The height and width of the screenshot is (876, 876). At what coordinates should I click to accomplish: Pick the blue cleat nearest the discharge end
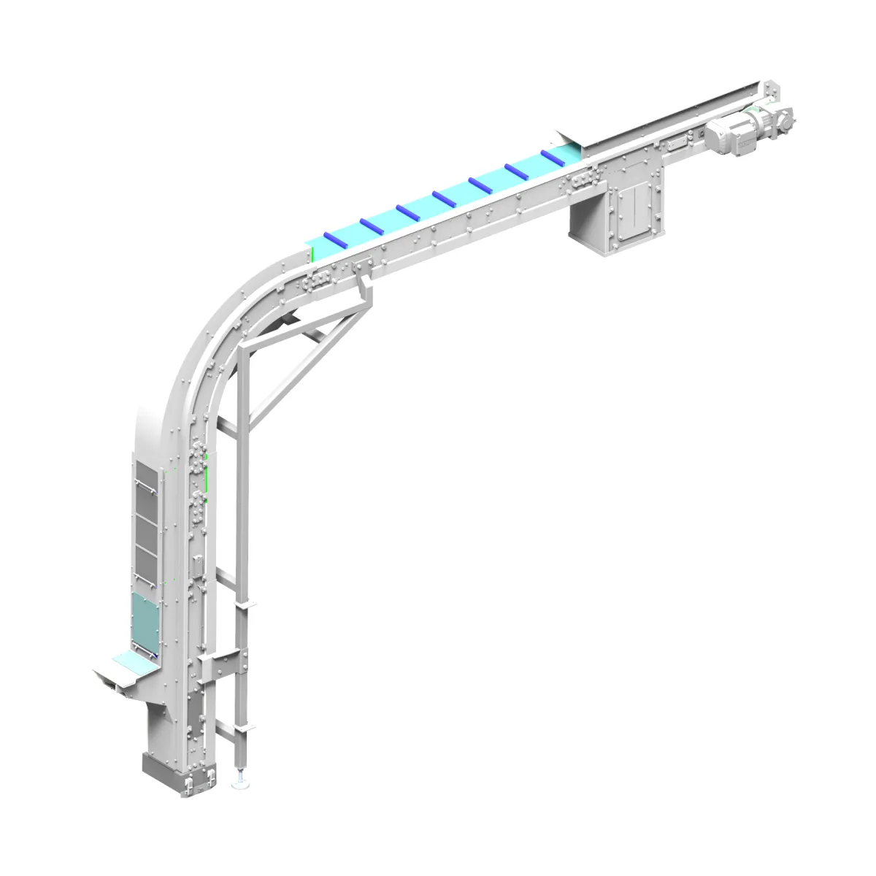tap(553, 157)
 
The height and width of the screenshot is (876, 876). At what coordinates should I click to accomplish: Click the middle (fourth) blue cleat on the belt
tap(445, 198)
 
